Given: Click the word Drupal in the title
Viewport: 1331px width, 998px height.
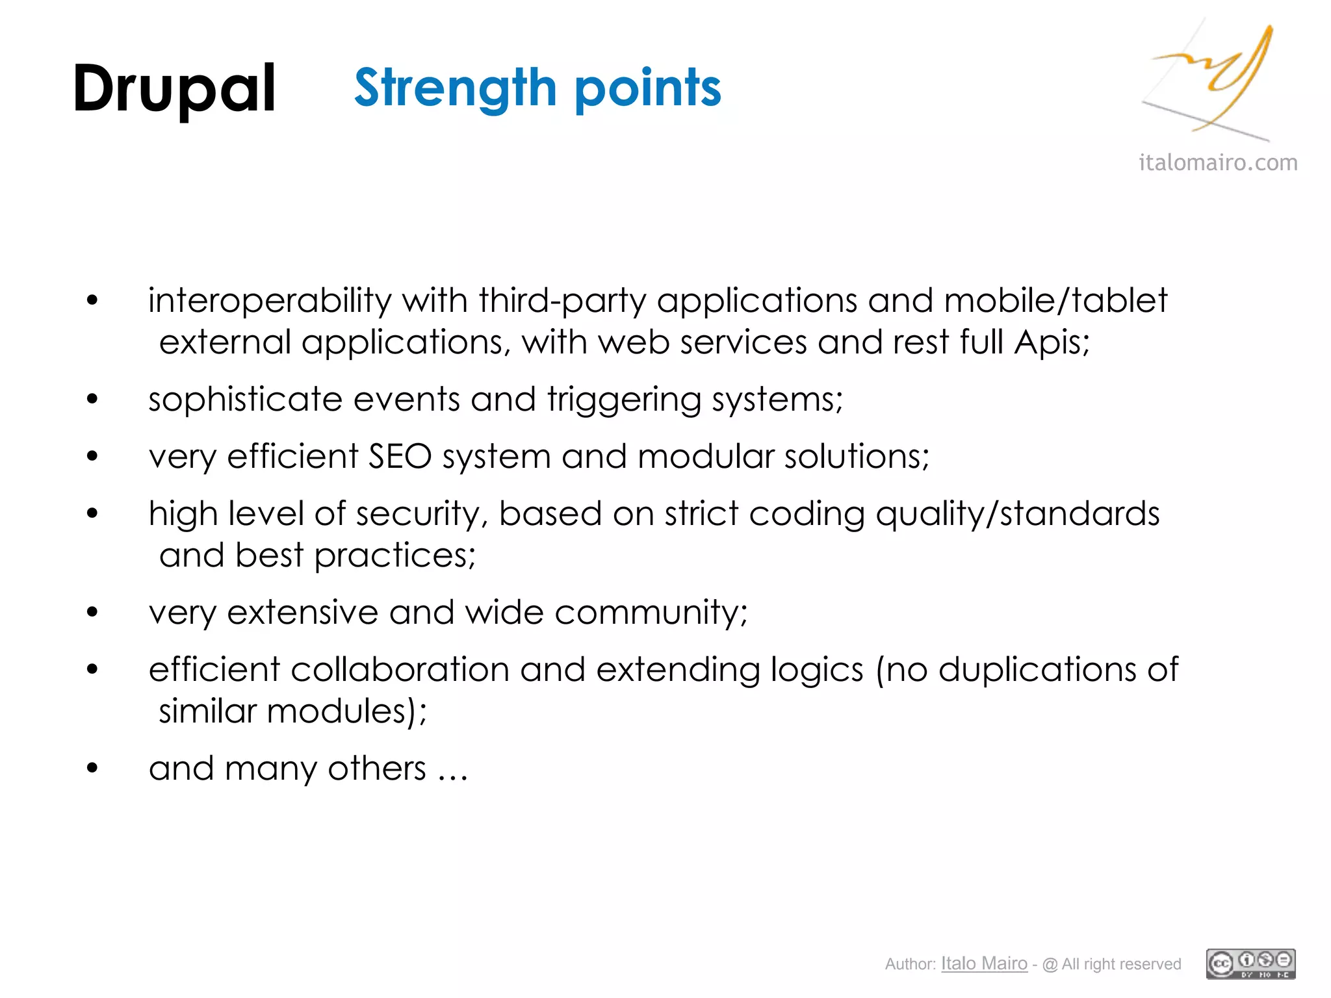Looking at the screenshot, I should tap(174, 90).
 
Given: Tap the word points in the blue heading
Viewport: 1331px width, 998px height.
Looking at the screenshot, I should tap(648, 90).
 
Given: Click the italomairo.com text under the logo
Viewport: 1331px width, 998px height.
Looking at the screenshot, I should tap(1218, 162).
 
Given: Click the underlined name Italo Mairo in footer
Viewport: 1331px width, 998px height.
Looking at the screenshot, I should tap(984, 964).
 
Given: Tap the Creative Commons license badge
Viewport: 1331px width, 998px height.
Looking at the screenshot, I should tap(1250, 964).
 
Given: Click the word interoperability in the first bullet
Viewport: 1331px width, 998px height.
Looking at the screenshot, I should tap(270, 301).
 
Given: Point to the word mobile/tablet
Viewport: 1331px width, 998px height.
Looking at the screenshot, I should tap(1055, 301).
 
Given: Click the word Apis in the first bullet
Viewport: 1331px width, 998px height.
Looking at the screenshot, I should tap(1050, 342).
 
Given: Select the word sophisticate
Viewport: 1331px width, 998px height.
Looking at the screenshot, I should tap(245, 399).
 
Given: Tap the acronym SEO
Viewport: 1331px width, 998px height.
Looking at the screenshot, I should tap(400, 456).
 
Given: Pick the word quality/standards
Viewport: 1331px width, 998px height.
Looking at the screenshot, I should tap(1017, 514).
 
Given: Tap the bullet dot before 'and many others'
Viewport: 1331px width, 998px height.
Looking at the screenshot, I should tap(92, 768).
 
